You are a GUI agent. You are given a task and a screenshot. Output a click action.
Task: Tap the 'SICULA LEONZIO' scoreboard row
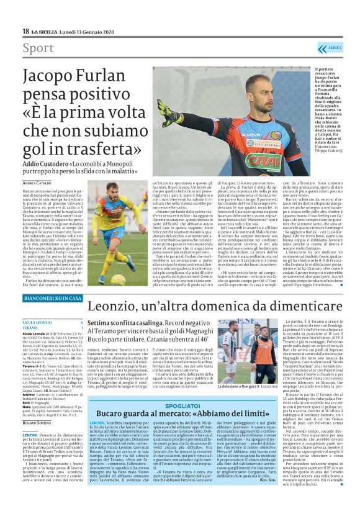[37, 323]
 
